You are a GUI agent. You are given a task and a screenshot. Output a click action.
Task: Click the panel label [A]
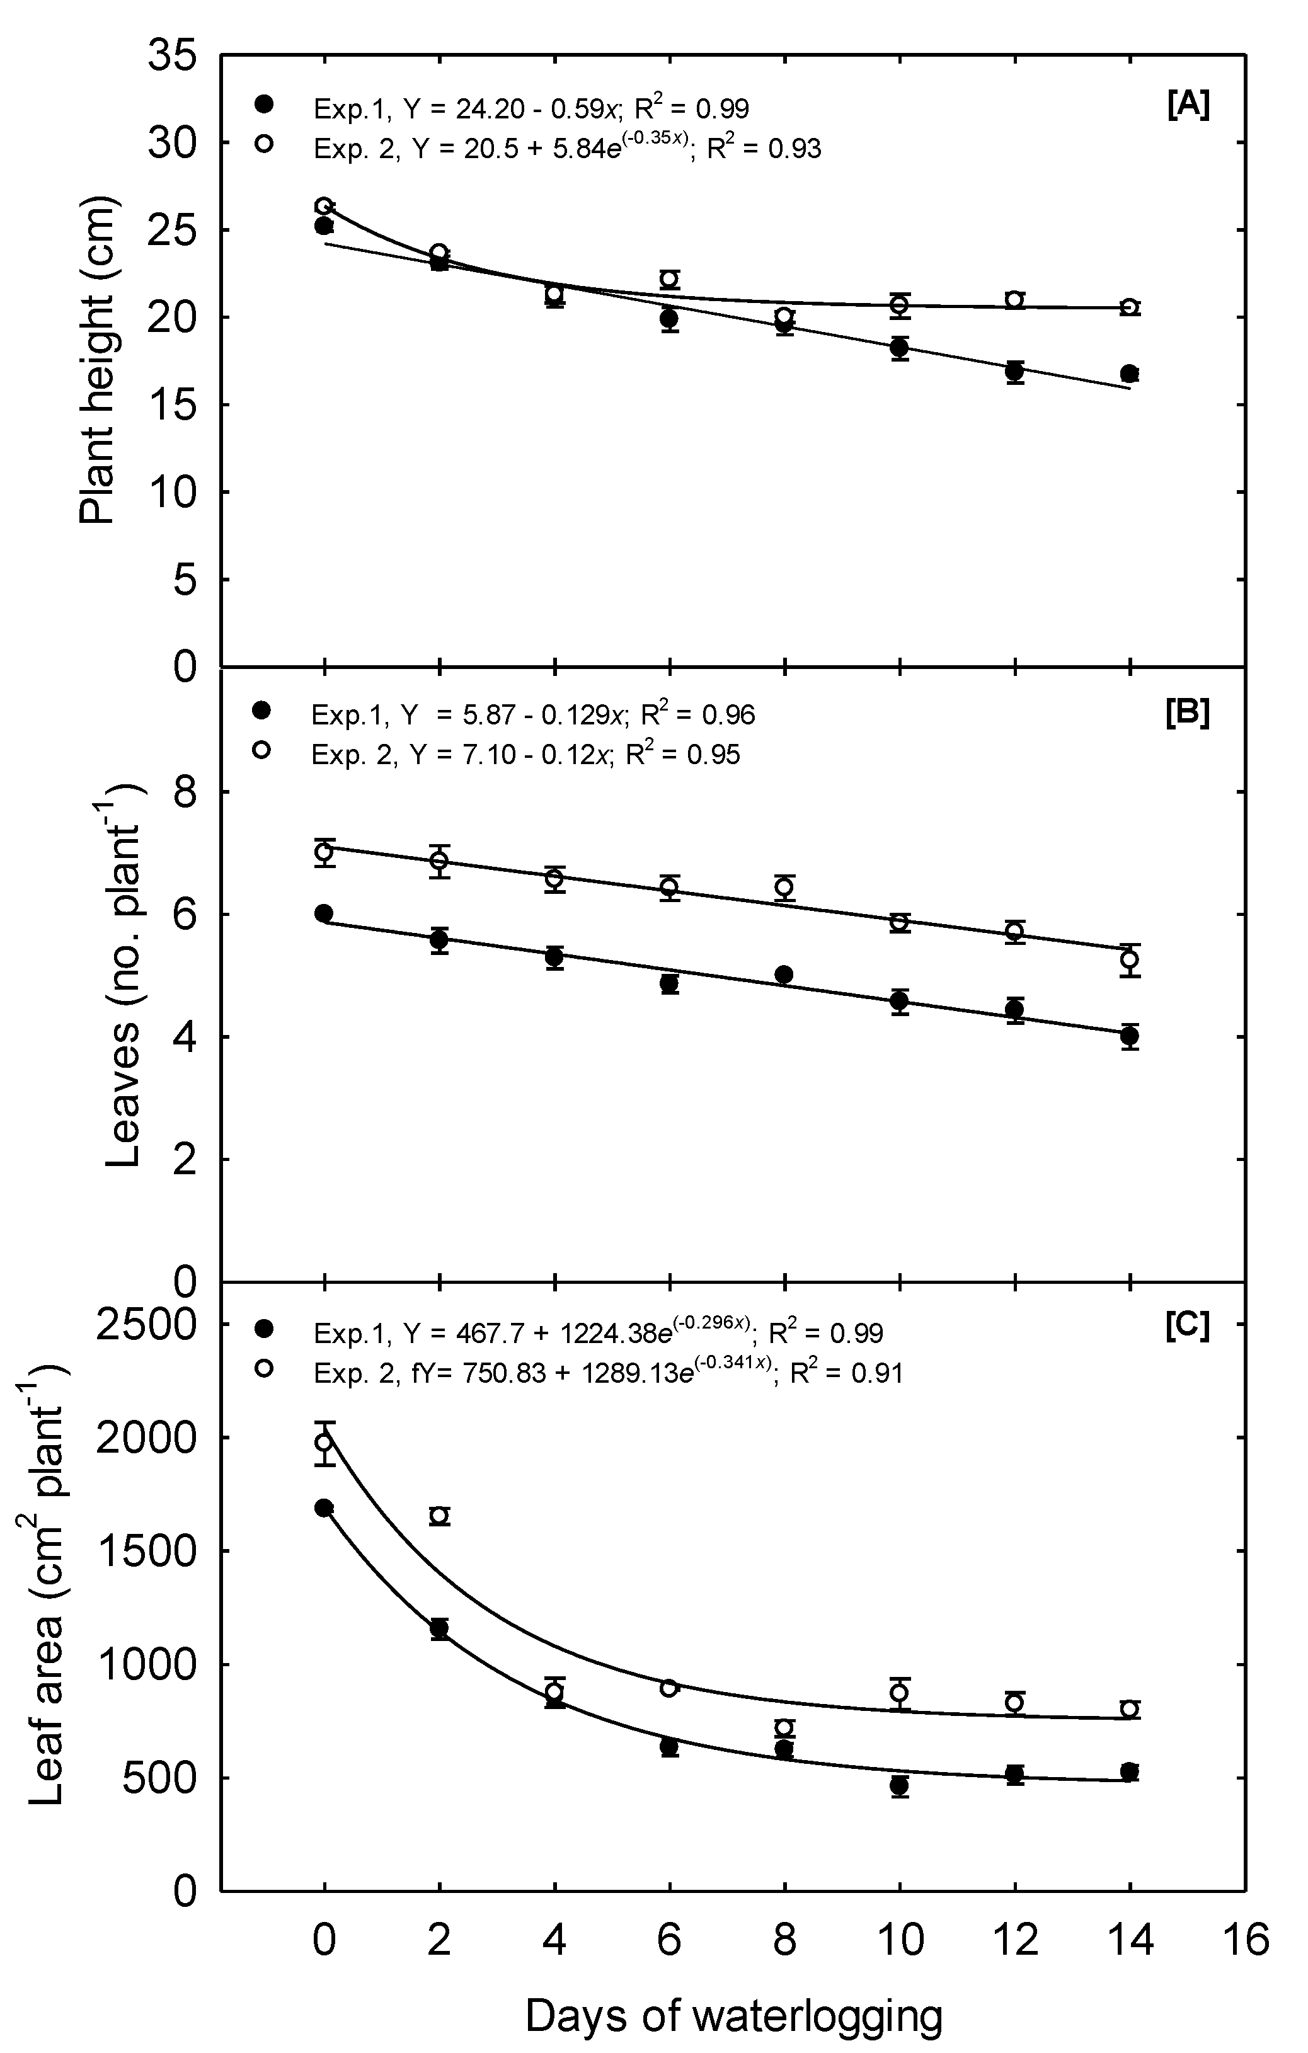[x=1187, y=106]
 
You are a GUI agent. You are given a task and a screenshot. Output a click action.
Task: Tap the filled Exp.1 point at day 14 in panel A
[x=1130, y=374]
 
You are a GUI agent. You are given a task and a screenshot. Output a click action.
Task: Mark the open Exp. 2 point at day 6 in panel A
[x=669, y=280]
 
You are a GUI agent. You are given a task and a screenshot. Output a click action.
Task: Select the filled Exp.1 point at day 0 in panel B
[x=324, y=913]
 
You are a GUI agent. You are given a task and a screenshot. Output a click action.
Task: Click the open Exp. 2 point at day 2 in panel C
[x=439, y=1516]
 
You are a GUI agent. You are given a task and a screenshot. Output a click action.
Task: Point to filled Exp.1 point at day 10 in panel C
[x=898, y=1785]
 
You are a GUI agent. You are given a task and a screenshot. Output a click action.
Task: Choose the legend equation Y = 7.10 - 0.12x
[x=512, y=755]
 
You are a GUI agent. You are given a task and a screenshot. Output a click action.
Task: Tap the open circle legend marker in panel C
[x=263, y=1368]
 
